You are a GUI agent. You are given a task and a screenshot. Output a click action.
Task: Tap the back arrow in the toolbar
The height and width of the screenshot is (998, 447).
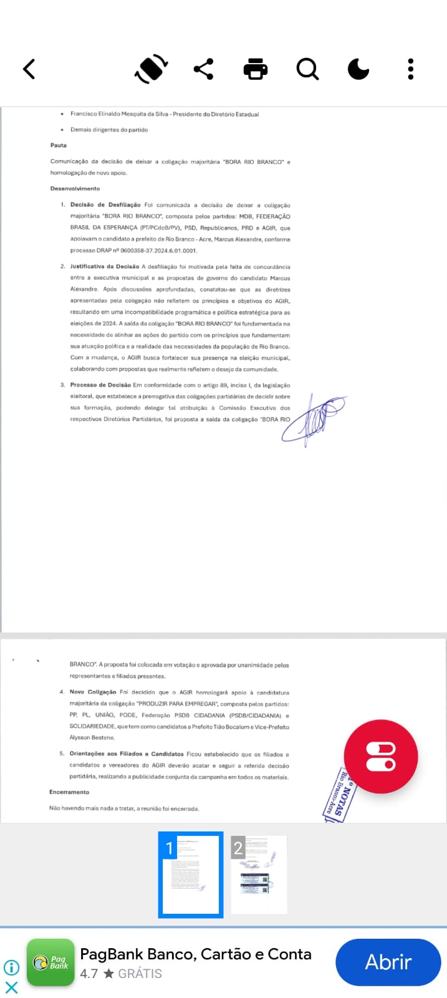pos(29,69)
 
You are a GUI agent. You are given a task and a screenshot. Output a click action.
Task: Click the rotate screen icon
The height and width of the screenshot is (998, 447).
pos(151,69)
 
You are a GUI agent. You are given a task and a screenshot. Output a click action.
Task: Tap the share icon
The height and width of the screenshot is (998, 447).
pos(203,69)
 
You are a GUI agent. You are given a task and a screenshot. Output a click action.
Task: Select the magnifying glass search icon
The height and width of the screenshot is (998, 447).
pos(307,69)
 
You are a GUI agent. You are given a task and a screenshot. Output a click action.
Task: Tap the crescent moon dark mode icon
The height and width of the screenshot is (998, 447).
pos(358,69)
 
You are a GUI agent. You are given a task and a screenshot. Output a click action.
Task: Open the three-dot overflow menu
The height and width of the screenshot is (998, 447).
pos(410,69)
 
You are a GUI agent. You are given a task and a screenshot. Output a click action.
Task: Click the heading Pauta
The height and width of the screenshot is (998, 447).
pos(59,145)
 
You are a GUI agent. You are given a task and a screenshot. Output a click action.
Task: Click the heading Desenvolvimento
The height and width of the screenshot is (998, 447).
pos(75,188)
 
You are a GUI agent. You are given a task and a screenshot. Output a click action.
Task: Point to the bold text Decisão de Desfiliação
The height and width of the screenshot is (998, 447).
pos(105,205)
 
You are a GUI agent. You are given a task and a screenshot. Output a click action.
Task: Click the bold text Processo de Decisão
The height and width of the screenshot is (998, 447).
pos(100,385)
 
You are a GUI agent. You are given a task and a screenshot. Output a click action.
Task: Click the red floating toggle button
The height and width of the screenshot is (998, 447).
pos(381,756)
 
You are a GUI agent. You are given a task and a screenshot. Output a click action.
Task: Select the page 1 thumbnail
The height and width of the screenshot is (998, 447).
pos(191,874)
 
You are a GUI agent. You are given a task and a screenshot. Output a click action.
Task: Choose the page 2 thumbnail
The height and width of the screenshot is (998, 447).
pos(259,874)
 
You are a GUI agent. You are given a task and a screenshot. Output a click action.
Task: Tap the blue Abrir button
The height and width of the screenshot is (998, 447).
pos(388,962)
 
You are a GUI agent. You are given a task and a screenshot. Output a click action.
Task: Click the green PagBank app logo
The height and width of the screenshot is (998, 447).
pos(50,962)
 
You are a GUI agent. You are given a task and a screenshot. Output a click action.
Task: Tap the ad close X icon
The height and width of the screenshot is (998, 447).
pos(11,987)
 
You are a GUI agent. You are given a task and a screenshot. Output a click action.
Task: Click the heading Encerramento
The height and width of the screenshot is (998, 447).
pos(69,792)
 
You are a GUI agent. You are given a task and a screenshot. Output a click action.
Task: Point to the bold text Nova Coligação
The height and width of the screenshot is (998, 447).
pos(93,692)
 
